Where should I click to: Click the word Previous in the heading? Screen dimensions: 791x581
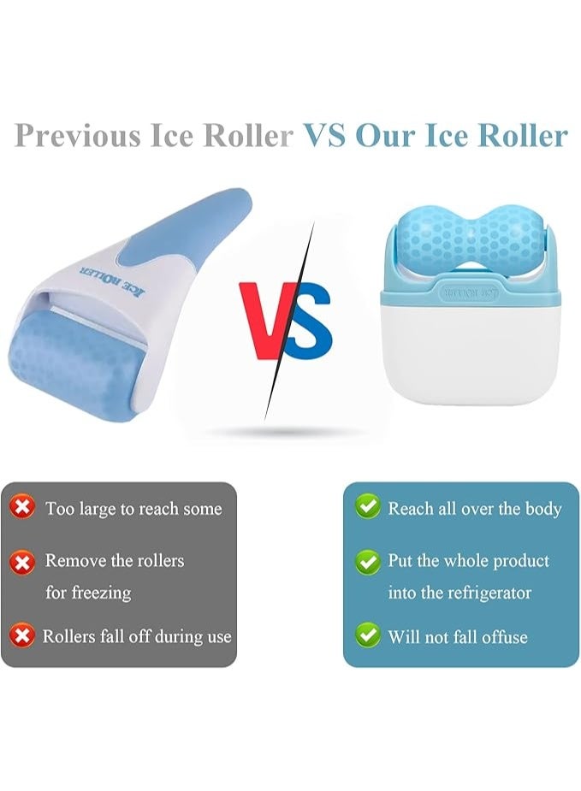click(77, 135)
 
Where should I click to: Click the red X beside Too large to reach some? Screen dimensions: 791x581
click(22, 507)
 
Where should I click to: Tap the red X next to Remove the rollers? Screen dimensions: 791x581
click(22, 561)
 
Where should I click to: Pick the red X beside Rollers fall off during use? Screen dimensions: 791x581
click(22, 635)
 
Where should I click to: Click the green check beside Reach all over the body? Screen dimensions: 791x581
click(368, 507)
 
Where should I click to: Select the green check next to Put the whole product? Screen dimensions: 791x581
click(368, 561)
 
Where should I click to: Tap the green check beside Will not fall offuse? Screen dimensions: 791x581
click(368, 635)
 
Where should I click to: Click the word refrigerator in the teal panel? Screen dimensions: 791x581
click(489, 593)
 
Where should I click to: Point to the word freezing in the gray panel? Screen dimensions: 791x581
click(101, 593)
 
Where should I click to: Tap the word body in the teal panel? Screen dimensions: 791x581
click(543, 509)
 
